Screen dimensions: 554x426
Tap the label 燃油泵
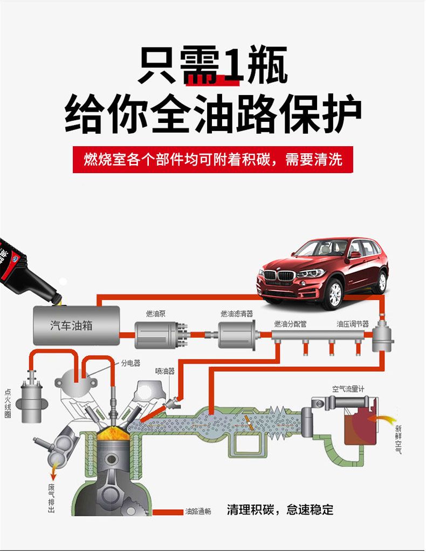pos(155,313)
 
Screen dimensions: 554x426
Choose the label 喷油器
pos(165,371)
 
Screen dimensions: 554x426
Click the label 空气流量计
pos(348,388)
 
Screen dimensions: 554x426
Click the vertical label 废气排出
pos(52,498)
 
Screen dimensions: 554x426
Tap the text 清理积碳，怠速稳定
pos(280,509)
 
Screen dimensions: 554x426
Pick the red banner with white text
pos(212,160)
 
